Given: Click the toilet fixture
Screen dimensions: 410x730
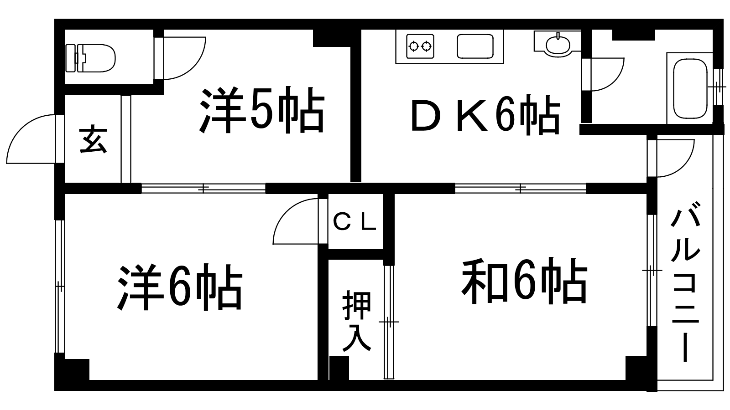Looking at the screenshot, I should pyautogui.click(x=91, y=57).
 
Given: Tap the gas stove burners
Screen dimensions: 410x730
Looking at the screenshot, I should pyautogui.click(x=420, y=46).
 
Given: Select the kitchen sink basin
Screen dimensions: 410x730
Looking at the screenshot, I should pyautogui.click(x=475, y=46).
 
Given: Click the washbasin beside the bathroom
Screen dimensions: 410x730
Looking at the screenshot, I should pyautogui.click(x=557, y=44).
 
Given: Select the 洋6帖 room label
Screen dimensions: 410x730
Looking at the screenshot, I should pyautogui.click(x=180, y=287).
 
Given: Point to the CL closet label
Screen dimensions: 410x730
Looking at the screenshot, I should pyautogui.click(x=355, y=222).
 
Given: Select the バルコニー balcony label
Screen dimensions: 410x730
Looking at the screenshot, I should pyautogui.click(x=685, y=284).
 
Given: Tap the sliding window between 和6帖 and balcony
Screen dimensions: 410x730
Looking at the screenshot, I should pyautogui.click(x=652, y=271).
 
